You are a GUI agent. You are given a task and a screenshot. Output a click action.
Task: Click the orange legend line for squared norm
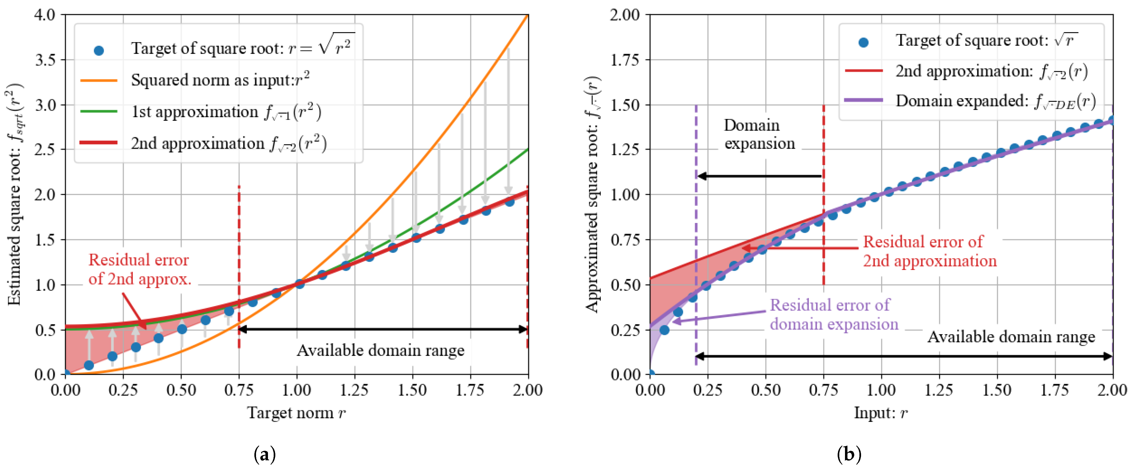point(99,80)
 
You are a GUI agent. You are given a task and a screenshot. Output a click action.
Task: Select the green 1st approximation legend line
point(99,111)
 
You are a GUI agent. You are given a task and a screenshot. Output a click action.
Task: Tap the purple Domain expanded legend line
point(863,100)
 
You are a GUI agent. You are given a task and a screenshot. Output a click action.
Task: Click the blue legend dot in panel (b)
point(863,42)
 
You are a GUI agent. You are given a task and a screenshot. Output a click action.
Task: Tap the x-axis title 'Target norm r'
point(296,413)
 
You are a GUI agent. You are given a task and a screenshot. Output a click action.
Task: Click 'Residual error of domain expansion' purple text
point(834,314)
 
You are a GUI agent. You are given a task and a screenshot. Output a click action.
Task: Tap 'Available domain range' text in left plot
point(380,350)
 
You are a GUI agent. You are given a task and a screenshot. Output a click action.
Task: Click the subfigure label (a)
point(265,454)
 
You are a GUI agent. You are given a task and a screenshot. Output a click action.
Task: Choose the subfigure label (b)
point(849,454)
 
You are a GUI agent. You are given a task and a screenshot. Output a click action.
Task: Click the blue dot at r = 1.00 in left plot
point(299,284)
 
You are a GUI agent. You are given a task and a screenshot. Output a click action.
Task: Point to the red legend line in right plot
point(863,70)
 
